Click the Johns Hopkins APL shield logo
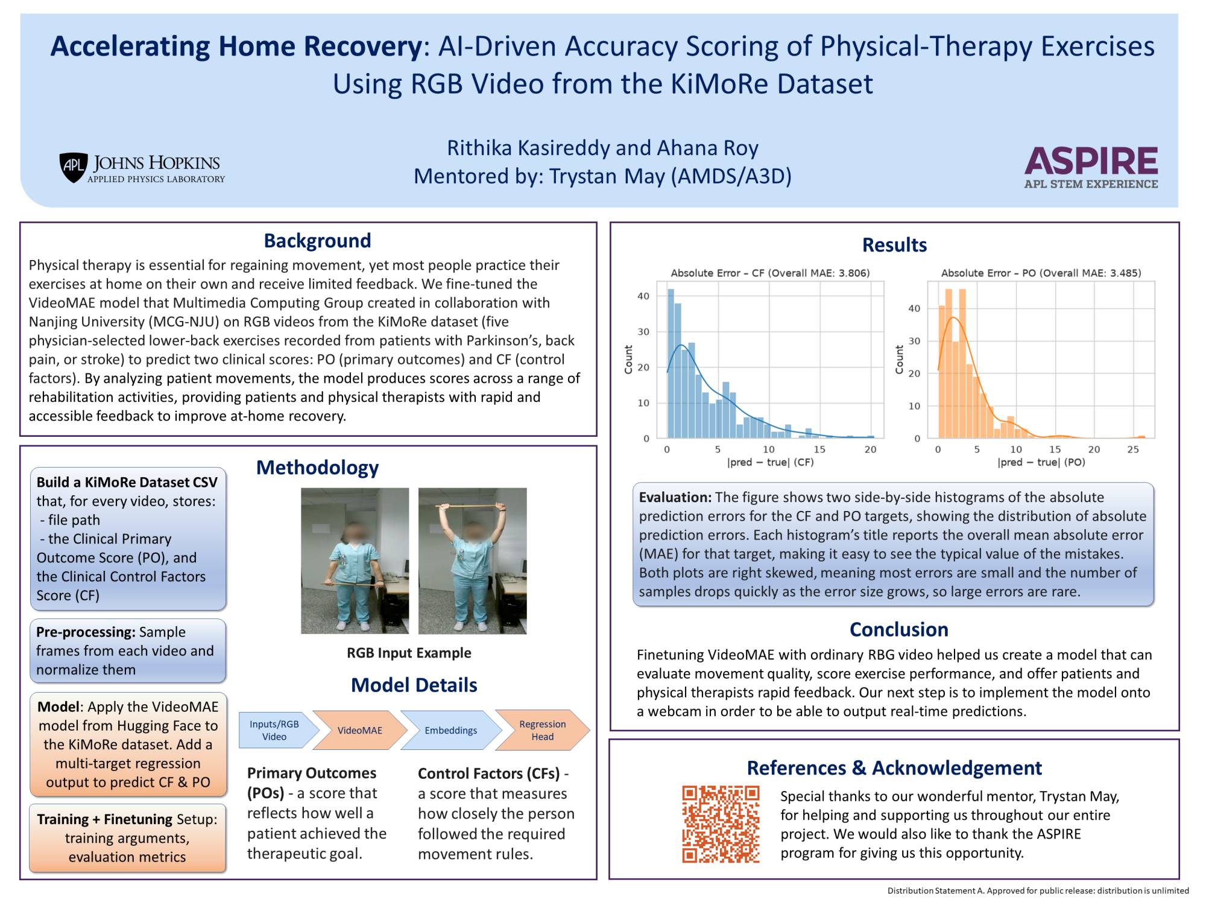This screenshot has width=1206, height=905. [74, 167]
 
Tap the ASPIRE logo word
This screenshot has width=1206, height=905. [1091, 160]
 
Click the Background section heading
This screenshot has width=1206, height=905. [317, 241]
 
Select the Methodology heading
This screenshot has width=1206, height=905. [317, 468]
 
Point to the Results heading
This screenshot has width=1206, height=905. [894, 245]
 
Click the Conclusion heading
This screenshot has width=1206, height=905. [898, 629]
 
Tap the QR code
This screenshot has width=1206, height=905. [721, 824]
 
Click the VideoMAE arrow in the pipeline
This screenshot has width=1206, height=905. [360, 730]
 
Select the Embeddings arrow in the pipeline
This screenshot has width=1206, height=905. [450, 730]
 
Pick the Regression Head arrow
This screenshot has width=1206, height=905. [542, 730]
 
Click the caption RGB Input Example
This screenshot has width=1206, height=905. [409, 653]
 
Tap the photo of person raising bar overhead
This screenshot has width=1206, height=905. [472, 561]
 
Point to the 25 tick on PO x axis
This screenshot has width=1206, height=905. [1133, 449]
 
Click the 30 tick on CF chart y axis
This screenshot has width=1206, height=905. [643, 332]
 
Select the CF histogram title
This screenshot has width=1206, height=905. [770, 273]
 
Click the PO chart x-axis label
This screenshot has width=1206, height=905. [1041, 462]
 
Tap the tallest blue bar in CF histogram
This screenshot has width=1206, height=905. [671, 363]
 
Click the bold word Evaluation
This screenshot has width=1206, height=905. [675, 497]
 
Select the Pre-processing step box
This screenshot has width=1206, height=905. [128, 650]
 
